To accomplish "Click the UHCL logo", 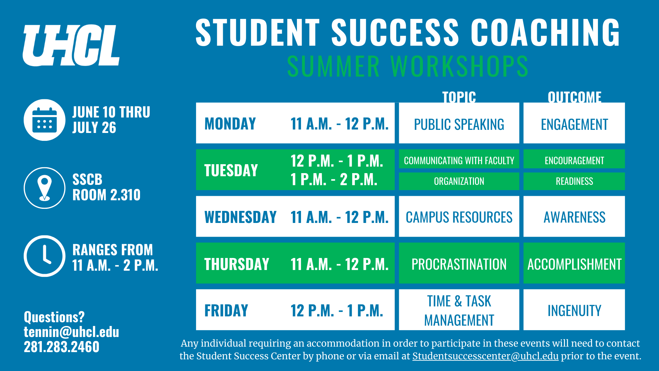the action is (71, 45).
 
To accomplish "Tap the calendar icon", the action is (45, 120).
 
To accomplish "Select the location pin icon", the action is (45, 188).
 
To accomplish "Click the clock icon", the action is (45, 256).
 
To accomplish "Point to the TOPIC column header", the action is (459, 97).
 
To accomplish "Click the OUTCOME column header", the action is (574, 97).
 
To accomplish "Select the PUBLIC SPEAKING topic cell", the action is (459, 123).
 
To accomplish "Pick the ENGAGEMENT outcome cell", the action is (574, 123).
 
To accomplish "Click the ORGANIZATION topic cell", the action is (459, 181).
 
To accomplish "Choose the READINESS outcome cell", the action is (574, 181).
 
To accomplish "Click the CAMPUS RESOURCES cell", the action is (459, 216).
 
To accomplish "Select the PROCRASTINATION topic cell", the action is (459, 263).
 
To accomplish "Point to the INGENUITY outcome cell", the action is (574, 310).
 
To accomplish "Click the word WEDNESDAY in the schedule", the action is (240, 217).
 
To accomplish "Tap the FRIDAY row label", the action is (226, 311).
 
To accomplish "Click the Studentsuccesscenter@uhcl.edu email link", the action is (485, 356).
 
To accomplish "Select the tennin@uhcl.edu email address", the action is (71, 332).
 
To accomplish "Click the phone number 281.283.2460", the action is (61, 347).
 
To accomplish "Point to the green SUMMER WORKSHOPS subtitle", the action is (407, 66).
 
